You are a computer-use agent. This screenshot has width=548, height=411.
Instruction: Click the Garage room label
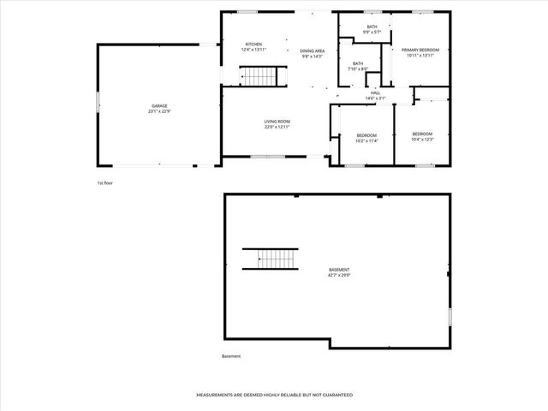pyautogui.click(x=160, y=106)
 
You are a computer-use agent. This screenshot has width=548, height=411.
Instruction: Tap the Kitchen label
pyautogui.click(x=253, y=45)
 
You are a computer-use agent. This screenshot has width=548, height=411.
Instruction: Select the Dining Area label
pyautogui.click(x=312, y=51)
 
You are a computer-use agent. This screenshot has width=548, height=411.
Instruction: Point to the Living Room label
pyautogui.click(x=277, y=122)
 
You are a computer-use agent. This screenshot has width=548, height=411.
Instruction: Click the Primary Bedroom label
pyautogui.click(x=420, y=51)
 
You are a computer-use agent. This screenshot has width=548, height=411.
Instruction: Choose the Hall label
pyautogui.click(x=375, y=92)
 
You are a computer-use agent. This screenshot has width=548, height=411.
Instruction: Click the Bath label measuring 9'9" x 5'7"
pyautogui.click(x=372, y=30)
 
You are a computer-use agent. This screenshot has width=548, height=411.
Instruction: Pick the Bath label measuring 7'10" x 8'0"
pyautogui.click(x=357, y=66)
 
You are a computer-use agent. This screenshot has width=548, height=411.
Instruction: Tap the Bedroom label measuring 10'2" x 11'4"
pyautogui.click(x=366, y=137)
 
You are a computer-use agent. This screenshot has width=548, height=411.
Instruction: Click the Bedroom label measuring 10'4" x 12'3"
pyautogui.click(x=422, y=137)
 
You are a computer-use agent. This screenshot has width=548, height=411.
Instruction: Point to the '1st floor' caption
pyautogui.click(x=104, y=183)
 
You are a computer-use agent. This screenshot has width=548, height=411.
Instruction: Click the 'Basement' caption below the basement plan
pyautogui.click(x=231, y=356)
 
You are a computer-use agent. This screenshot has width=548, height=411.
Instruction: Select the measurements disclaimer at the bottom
pyautogui.click(x=274, y=395)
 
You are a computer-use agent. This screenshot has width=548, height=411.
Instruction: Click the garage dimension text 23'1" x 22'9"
pyautogui.click(x=160, y=111)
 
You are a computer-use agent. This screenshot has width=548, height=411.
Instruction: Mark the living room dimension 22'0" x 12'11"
pyautogui.click(x=277, y=128)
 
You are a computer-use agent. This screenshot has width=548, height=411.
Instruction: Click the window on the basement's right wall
pyautogui.click(x=449, y=316)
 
